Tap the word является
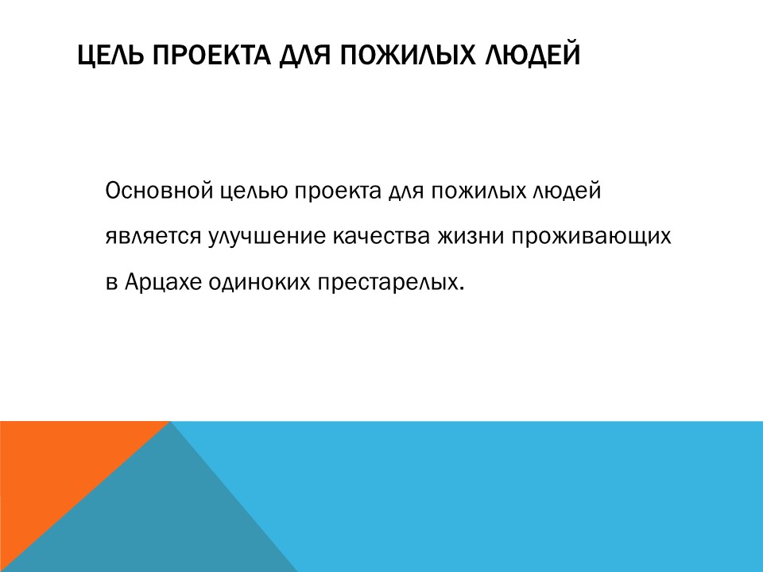coord(151,237)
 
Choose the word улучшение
coord(263,237)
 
